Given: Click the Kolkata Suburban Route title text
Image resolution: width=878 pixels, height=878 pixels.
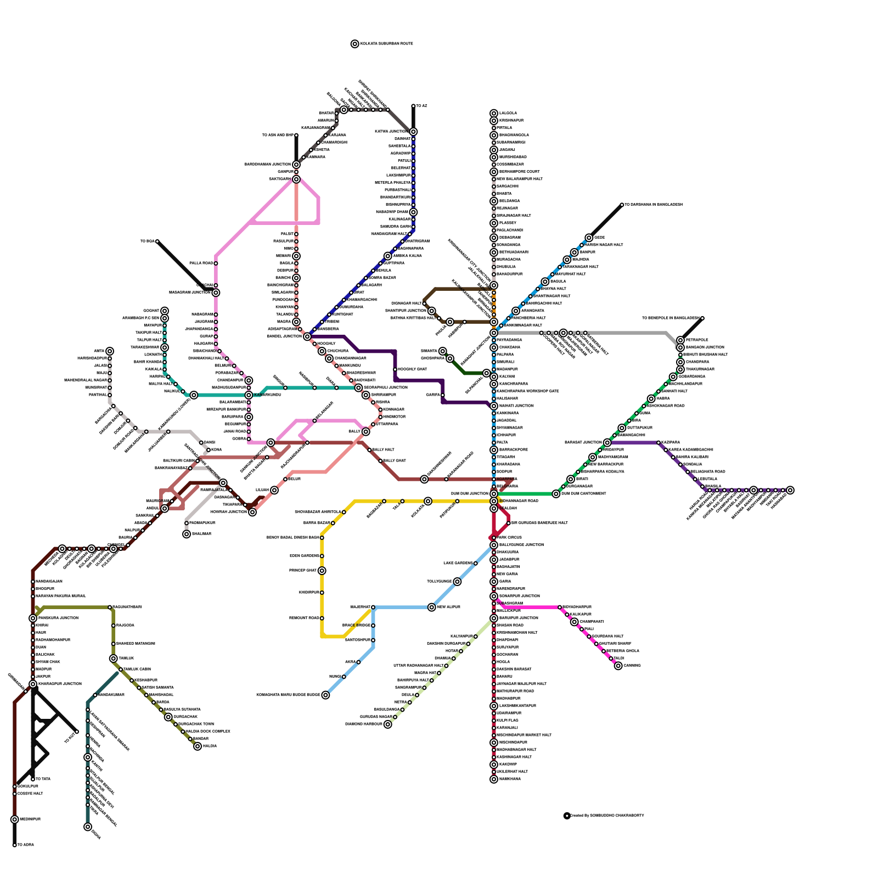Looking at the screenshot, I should point(386,44).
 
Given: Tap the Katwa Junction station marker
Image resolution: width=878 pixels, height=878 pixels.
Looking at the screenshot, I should point(413,132).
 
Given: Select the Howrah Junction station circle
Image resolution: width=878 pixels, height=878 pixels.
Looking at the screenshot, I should point(252,512).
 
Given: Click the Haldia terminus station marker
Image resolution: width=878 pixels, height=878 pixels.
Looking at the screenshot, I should point(198,746).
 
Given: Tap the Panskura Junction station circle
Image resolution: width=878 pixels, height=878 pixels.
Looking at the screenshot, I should point(33,618).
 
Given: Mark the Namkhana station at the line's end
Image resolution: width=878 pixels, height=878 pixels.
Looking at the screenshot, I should point(494,779).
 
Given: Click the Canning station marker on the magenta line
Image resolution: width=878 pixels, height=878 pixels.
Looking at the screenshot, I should point(618,666).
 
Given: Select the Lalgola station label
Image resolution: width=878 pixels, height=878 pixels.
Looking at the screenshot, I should point(508,114).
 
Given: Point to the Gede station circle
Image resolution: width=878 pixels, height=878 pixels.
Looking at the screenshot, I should point(589,238).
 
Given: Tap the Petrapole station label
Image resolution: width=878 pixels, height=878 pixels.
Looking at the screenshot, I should point(697,340).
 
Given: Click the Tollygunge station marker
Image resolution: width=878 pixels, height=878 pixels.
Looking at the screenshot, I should point(457,582).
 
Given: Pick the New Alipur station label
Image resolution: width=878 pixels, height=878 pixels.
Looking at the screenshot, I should point(449,607).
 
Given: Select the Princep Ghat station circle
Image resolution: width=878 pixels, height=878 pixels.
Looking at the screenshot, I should point(322,571).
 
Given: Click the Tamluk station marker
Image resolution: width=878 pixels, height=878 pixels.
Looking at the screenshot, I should point(114,658).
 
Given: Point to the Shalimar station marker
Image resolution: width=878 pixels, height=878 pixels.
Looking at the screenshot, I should point(187,534).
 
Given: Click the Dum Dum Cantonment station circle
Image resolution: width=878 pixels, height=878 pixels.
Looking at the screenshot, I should point(556,494).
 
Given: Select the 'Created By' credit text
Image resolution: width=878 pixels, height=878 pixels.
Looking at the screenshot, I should point(606,816).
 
